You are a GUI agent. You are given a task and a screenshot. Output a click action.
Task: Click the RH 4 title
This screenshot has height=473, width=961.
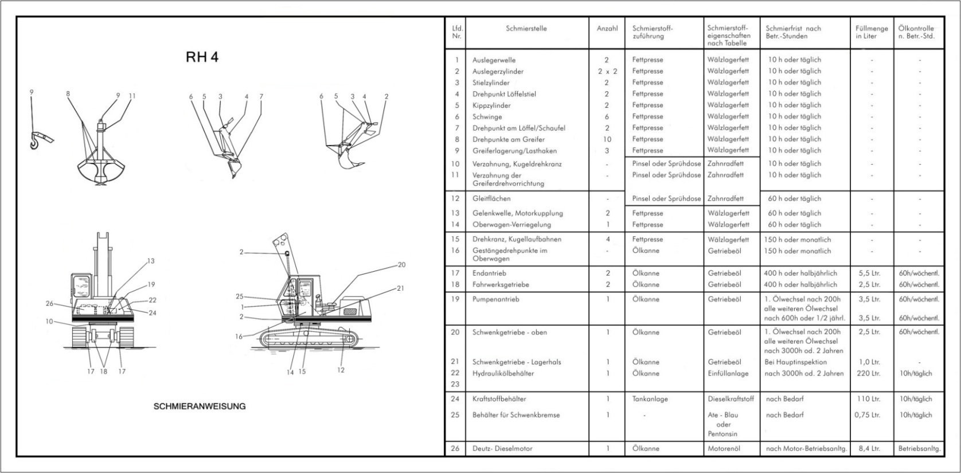point(202,57)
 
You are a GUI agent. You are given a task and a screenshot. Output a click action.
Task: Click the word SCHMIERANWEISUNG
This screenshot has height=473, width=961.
point(200,406)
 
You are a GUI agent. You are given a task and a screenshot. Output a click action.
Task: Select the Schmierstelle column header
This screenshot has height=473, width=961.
point(526,28)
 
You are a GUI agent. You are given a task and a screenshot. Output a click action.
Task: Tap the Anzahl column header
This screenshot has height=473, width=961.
point(607,28)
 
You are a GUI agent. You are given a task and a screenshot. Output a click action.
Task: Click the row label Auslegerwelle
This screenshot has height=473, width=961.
point(494,60)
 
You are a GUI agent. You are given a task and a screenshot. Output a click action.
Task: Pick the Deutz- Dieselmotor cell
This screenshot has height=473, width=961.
point(502,448)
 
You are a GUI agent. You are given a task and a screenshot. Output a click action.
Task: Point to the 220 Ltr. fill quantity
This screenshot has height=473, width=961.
point(868,373)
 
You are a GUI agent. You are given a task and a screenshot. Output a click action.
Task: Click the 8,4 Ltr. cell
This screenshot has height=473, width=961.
point(869,448)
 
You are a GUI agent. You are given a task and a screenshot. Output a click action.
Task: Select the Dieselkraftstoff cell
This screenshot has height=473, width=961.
point(730,398)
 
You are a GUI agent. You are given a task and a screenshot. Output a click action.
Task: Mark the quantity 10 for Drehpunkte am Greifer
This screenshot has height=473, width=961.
point(607,139)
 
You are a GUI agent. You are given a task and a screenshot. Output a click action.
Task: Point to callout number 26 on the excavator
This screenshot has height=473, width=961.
point(49,303)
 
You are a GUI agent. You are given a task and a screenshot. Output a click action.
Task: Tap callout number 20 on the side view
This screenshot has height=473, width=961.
point(401,264)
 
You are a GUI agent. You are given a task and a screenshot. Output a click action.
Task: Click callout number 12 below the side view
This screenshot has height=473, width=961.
point(341,370)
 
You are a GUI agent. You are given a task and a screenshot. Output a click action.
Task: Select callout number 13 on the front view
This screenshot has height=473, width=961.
point(151,261)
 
